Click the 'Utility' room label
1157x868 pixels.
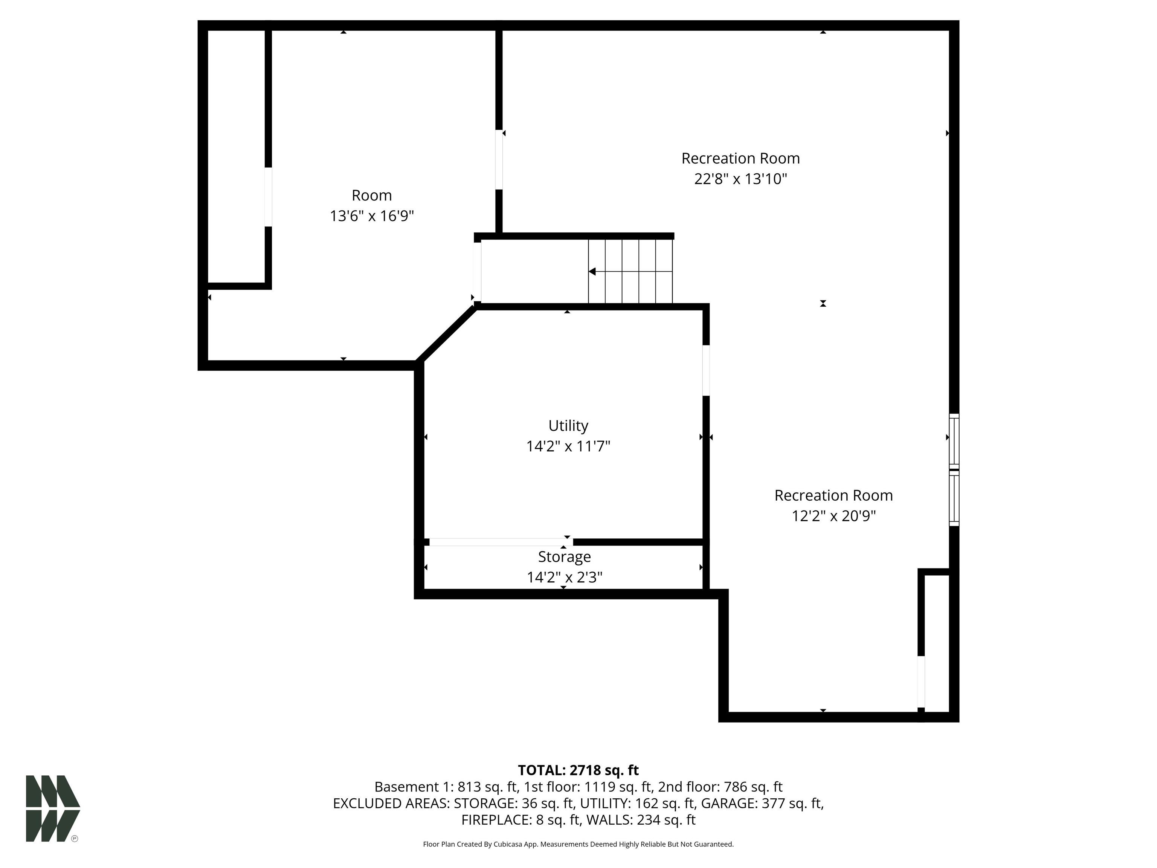coord(568,426)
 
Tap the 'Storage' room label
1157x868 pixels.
coord(565,557)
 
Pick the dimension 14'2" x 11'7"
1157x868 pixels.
coord(568,446)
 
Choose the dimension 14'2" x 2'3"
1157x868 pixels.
coord(565,577)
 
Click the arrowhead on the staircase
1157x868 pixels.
coord(592,272)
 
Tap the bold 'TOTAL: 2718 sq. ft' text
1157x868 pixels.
coord(578,770)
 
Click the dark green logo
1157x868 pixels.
coord(53,808)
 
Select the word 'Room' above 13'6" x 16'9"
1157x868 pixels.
coord(372,195)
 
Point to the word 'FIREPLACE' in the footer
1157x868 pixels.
coord(496,820)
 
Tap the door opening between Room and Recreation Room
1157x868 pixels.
coord(499,160)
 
